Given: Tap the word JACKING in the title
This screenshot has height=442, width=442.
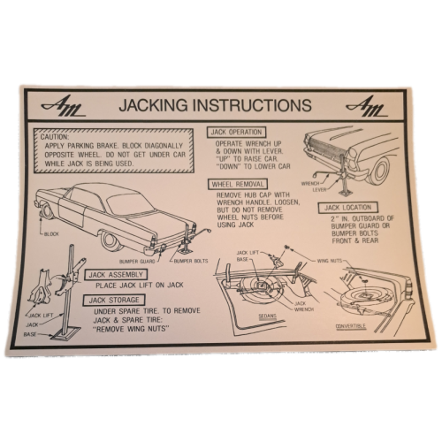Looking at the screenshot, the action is (x=153, y=105).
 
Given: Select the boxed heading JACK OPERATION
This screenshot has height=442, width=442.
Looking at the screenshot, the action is (x=236, y=132).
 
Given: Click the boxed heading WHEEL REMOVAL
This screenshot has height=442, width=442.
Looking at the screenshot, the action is (x=238, y=185).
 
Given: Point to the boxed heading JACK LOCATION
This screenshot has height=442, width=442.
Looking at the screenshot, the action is (x=348, y=208).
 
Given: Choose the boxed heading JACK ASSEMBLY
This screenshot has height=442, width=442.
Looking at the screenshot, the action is (x=116, y=275).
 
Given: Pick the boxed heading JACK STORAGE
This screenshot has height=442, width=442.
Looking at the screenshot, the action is (x=114, y=301).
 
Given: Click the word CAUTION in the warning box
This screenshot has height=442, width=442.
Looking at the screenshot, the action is (x=55, y=137).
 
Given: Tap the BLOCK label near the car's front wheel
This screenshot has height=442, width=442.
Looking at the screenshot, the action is (x=51, y=234).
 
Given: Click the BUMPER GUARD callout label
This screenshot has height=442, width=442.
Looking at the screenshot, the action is (x=137, y=262).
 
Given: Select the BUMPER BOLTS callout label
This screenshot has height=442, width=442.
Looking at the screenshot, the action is (x=191, y=261).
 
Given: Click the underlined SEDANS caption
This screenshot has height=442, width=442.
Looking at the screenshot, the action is (x=268, y=316).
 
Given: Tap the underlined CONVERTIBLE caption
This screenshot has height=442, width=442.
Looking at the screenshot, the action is (x=351, y=326).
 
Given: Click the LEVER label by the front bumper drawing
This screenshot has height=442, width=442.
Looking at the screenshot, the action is (x=319, y=189).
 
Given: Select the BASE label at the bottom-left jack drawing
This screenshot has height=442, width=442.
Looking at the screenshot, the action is (x=30, y=334).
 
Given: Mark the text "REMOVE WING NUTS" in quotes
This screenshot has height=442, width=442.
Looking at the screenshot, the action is (x=132, y=329).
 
